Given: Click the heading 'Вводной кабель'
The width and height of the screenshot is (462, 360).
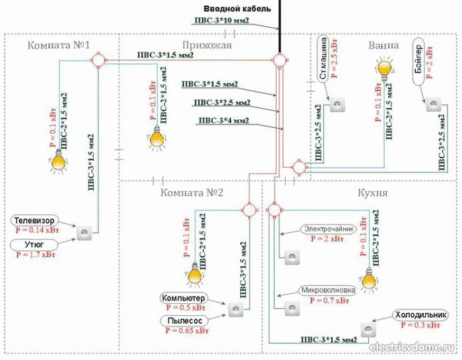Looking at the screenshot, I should pos(236,7).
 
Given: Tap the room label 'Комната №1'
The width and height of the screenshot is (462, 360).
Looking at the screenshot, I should pos(59,45).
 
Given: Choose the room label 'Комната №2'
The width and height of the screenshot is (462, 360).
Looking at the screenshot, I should pos(192,194).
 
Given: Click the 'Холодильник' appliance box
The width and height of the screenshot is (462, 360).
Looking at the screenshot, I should pos(417,315).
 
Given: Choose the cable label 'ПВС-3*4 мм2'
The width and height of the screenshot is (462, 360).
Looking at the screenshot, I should pos(223,121).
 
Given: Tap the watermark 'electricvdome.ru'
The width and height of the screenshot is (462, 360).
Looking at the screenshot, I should pos(412,347).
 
